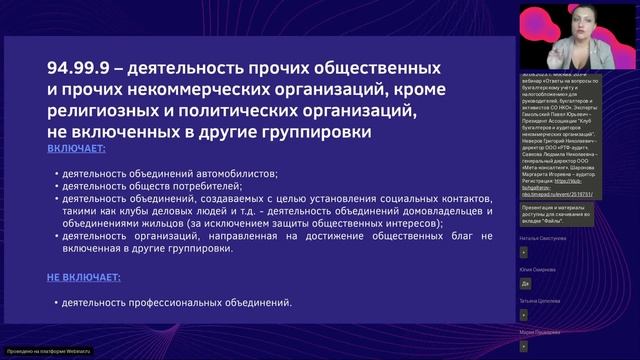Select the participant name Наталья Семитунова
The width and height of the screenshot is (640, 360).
(548, 239)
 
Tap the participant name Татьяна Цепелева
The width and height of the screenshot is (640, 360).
(545, 300)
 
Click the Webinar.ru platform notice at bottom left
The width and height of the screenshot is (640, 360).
(48, 352)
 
